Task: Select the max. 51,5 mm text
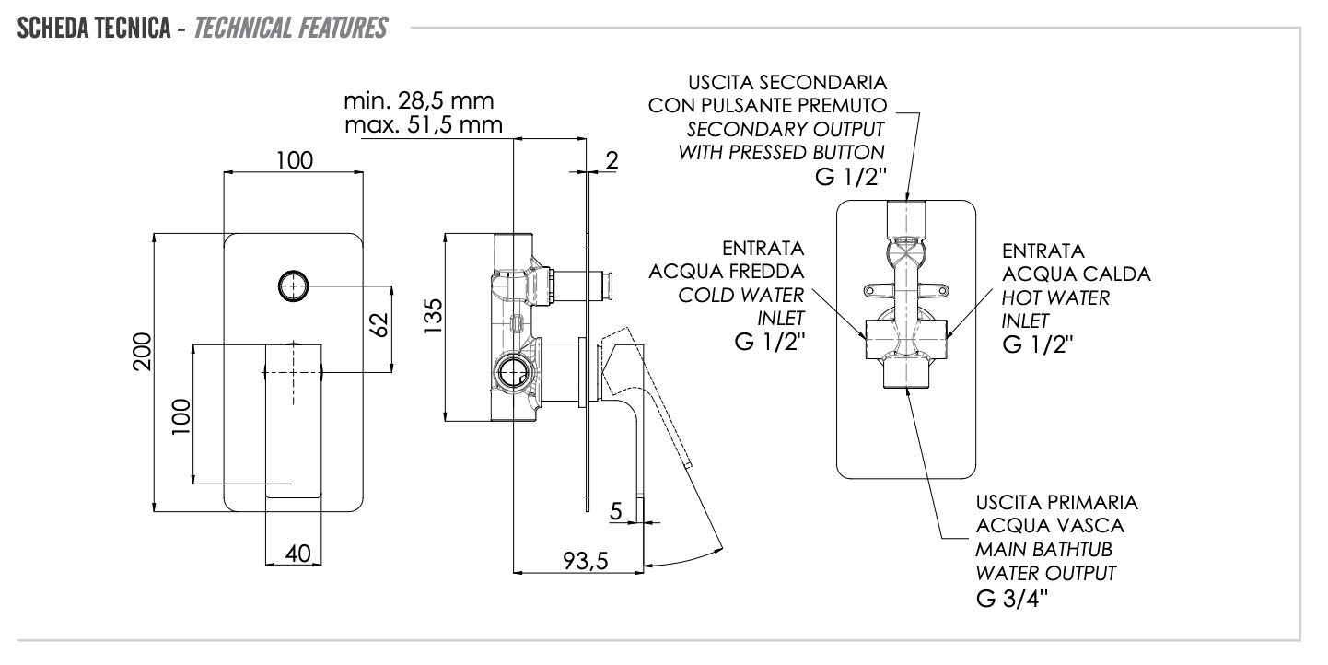tap(423, 124)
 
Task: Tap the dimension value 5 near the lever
tap(615, 509)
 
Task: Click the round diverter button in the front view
tap(293, 286)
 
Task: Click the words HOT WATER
tap(1055, 298)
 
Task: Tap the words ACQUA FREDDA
tap(727, 273)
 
